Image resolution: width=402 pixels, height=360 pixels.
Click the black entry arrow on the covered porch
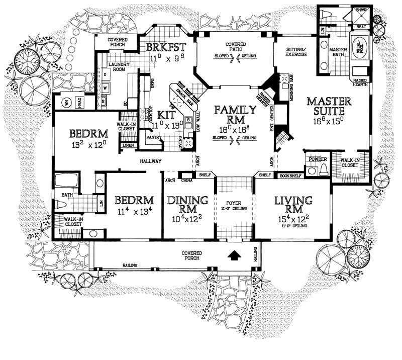(x=233, y=255)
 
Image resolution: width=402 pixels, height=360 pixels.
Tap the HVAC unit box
(x=80, y=101)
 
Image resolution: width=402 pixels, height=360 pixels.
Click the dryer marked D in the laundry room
(x=106, y=74)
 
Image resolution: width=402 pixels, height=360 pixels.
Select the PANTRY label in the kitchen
(x=152, y=136)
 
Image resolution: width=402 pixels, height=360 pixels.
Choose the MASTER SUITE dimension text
(x=329, y=121)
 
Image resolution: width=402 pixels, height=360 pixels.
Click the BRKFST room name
(x=166, y=47)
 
